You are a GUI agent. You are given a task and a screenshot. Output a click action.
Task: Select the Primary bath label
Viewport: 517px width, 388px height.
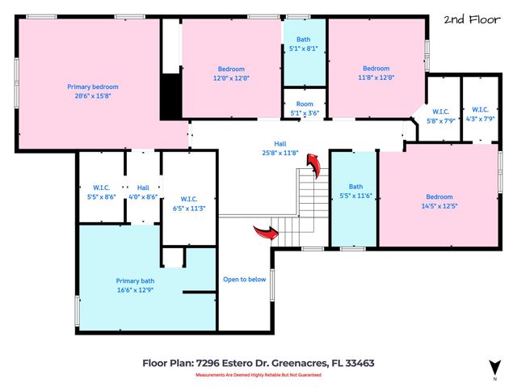pos(137,280)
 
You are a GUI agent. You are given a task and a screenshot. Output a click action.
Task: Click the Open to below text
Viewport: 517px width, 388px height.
pos(244,280)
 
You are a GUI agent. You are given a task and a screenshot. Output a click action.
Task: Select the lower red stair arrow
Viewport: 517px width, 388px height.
pos(265,234)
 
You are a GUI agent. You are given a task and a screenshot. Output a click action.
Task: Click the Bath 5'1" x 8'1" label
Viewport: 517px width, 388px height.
pos(303,44)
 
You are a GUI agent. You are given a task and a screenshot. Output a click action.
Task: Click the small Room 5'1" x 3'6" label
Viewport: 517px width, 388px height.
pos(304,108)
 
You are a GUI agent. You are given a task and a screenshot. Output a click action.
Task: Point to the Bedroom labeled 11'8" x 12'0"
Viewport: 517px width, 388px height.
pos(377,73)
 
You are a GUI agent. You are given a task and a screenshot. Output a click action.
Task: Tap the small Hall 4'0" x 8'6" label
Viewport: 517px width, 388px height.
pos(143,191)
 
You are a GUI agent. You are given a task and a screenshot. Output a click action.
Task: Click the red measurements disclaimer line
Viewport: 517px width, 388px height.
pos(258,375)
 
